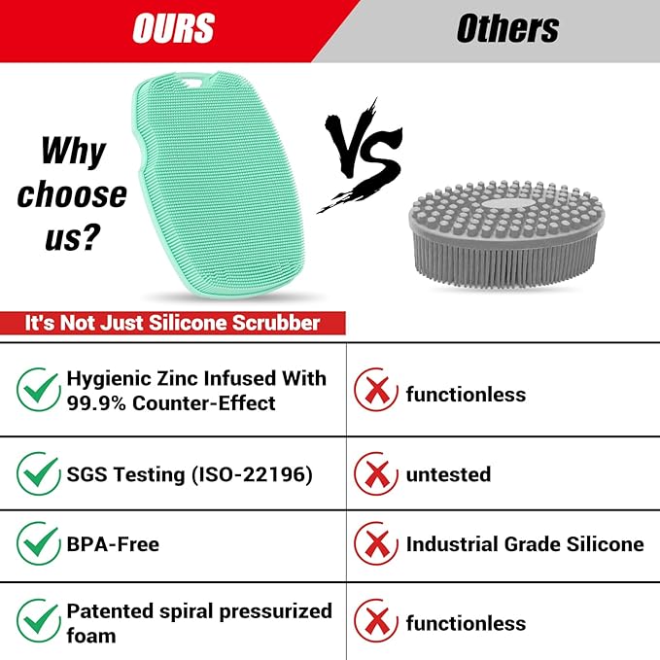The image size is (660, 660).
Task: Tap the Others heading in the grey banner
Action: pos(507,30)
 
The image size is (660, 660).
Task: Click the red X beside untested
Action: pos(375,473)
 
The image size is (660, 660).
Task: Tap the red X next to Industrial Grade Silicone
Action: pos(375,544)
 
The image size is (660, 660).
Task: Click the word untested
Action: pos(448,474)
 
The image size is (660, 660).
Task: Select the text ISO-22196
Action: pos(251,474)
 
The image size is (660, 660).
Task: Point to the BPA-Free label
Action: pos(113,544)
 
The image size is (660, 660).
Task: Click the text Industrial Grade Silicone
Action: pos(525,544)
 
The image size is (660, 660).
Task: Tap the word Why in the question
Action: pos(74,152)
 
